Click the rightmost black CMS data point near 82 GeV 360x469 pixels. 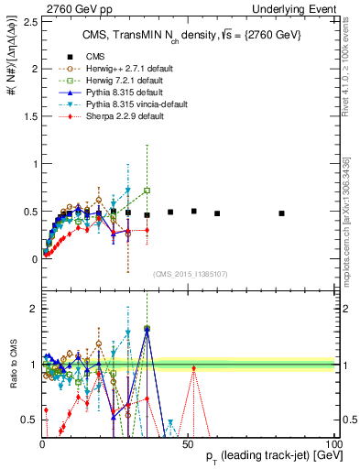pos(281,213)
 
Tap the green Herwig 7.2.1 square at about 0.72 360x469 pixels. pos(147,191)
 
